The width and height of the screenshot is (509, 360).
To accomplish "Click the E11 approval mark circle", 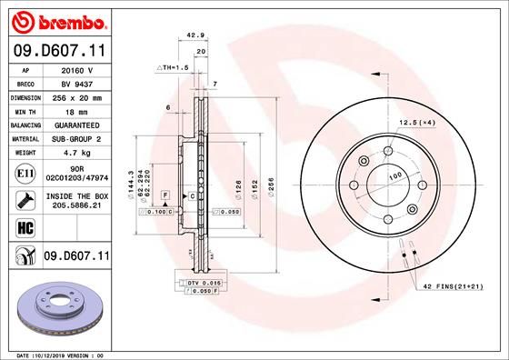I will click(25, 173).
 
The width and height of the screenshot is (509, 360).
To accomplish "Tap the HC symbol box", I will click(25, 228).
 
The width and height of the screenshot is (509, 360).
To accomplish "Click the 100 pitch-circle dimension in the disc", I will click(396, 175).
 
